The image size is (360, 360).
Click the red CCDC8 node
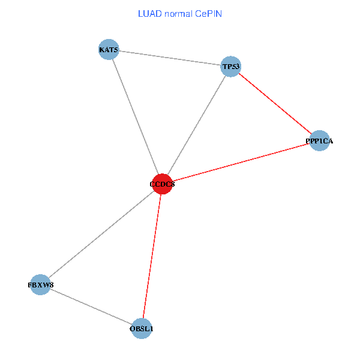(x=162, y=184)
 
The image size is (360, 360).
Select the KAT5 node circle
(x=109, y=49)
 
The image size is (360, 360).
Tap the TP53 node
(x=231, y=66)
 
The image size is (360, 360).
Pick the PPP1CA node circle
(x=320, y=141)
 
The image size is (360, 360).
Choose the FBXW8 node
(x=40, y=284)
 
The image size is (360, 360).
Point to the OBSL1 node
(x=142, y=329)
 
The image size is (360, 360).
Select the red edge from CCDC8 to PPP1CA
(x=240, y=163)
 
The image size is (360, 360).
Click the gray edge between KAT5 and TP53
(x=170, y=58)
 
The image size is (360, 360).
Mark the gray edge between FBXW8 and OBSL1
(x=91, y=307)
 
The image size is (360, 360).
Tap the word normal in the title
(x=177, y=13)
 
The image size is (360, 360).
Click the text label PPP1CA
(x=320, y=141)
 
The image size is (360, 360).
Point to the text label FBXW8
(x=40, y=284)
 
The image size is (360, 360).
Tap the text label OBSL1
(x=142, y=329)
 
